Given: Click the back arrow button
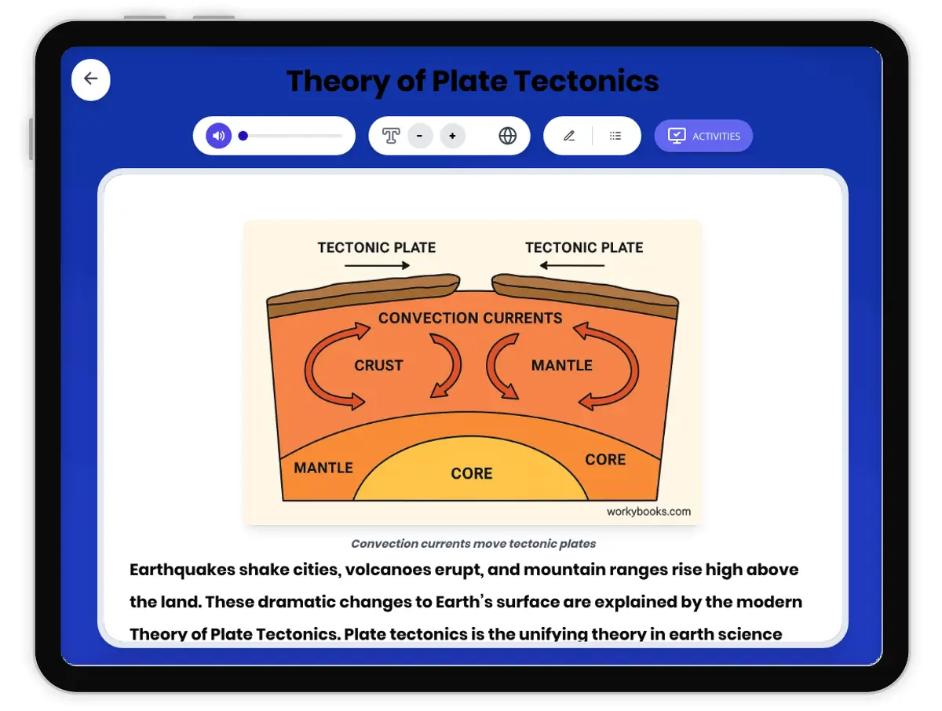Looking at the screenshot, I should [91, 79].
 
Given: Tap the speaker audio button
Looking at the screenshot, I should [218, 136].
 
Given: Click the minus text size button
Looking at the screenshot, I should [420, 136].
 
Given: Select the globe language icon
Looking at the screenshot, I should [508, 136].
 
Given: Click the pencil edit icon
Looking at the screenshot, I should [569, 136].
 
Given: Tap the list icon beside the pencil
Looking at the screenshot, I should [615, 136].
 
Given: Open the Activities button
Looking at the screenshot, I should [703, 136].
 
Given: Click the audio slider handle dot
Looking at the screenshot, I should [243, 136].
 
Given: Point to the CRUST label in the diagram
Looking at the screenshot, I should [378, 366].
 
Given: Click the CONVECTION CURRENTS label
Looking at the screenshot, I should [470, 319].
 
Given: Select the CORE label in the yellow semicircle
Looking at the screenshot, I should [472, 474].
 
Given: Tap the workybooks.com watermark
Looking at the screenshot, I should [648, 512].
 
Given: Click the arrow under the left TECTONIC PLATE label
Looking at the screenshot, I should [377, 266].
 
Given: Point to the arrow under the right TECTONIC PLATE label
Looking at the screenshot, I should [572, 266].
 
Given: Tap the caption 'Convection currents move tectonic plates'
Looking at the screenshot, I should [473, 544].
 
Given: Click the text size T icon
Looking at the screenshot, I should [391, 136].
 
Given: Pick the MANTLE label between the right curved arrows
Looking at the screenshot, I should [561, 366].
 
